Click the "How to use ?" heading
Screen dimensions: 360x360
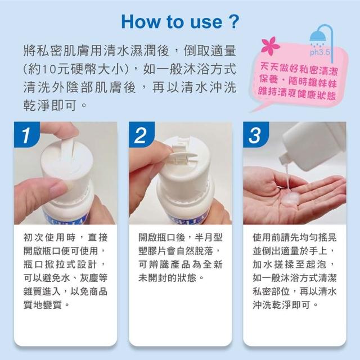click(x=180, y=22)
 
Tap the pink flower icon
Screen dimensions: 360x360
click(x=270, y=46)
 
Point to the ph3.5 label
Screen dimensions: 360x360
click(x=320, y=52)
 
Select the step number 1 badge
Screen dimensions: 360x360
click(x=27, y=135)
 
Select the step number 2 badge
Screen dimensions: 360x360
click(x=142, y=135)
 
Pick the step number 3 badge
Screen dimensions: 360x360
click(x=256, y=135)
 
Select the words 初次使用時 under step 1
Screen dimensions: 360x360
click(x=49, y=237)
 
